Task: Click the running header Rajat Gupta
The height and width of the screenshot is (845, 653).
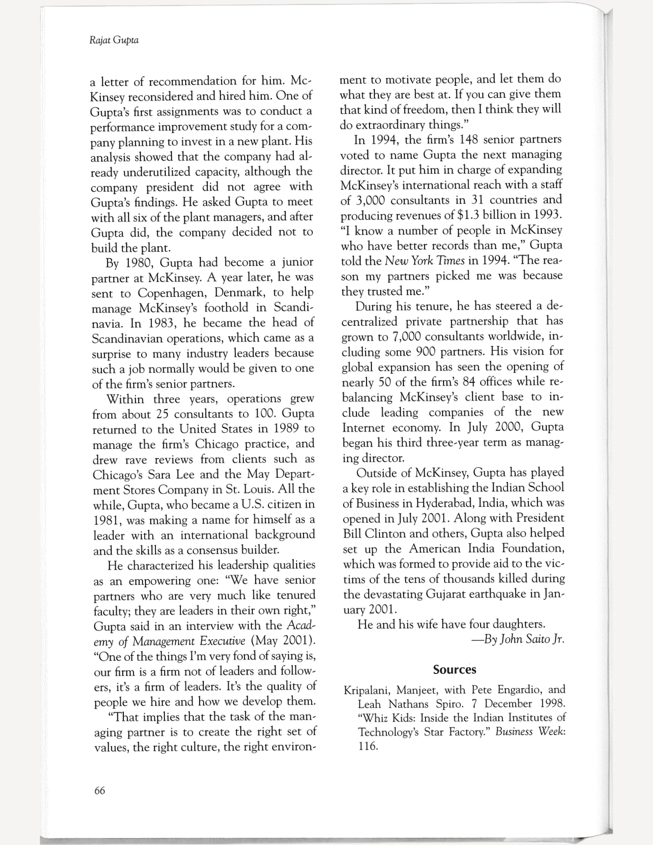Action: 114,41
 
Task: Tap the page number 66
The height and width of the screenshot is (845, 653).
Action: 100,790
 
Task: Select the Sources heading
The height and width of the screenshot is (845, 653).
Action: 454,670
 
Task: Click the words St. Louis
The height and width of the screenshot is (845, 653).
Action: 249,490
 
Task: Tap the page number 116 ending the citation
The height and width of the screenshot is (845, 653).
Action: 367,746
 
